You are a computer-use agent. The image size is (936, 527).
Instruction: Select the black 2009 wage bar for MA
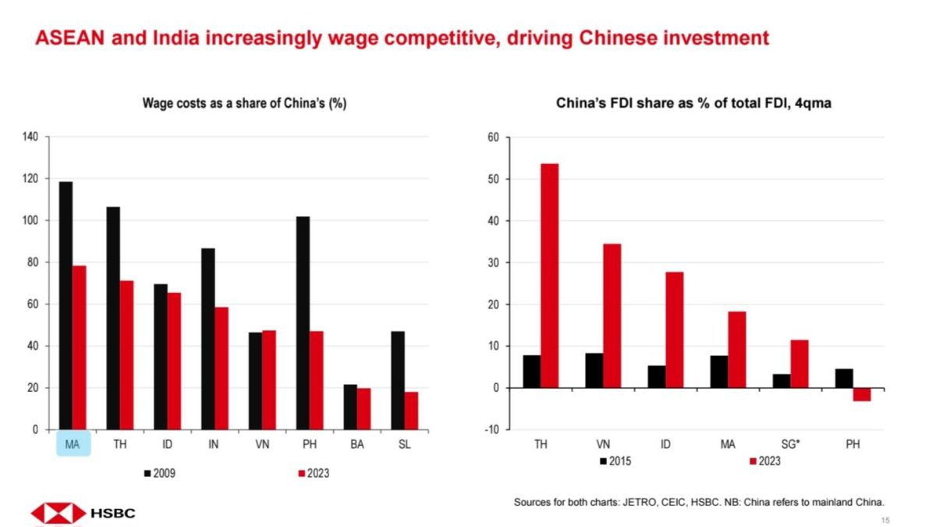click(x=66, y=305)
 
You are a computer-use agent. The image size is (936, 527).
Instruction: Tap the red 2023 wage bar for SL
click(x=411, y=411)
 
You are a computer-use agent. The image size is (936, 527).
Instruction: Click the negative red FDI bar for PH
click(x=861, y=394)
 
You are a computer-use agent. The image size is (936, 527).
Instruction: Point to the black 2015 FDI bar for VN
click(x=594, y=370)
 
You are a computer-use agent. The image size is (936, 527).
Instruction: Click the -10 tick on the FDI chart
click(x=492, y=430)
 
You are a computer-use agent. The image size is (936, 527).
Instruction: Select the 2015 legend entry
click(x=615, y=461)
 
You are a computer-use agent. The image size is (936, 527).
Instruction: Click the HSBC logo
click(x=83, y=514)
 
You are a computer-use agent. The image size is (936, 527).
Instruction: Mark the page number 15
click(x=885, y=520)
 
